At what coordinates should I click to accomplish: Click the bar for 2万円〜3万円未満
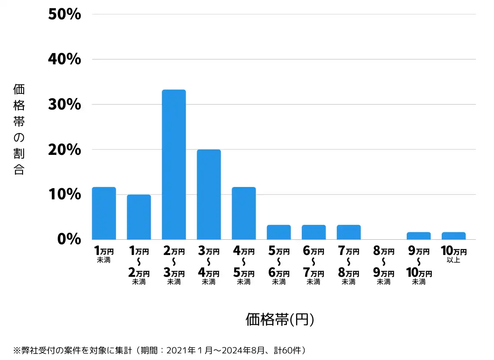point(174,165)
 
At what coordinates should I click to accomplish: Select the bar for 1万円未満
point(104,213)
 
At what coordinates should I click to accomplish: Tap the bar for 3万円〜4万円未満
point(209,194)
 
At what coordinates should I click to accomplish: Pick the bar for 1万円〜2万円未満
point(139,217)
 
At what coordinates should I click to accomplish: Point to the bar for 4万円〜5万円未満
point(244,213)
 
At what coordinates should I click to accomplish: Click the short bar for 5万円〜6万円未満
point(279,232)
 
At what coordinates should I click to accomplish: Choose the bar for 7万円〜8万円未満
point(349,232)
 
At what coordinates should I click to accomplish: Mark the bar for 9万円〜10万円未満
point(419,236)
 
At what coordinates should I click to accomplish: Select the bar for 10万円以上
point(454,236)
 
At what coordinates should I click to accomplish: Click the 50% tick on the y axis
point(65,15)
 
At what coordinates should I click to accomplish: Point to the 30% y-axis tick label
point(65,105)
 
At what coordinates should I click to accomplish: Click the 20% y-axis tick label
point(65,150)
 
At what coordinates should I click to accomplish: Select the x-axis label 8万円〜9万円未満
point(384,266)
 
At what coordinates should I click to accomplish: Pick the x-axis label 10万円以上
point(454,255)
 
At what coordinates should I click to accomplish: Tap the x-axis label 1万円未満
point(104,255)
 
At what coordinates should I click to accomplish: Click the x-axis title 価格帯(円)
point(280,320)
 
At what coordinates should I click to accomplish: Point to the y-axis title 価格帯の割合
point(19,129)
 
